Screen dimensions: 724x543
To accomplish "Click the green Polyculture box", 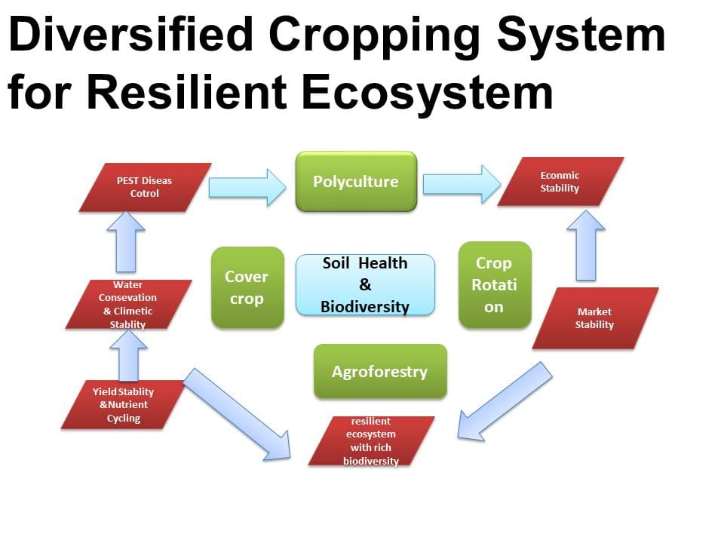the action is click(x=356, y=182).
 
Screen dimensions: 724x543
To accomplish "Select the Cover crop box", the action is click(x=247, y=287).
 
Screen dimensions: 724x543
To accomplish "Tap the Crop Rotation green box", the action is click(x=495, y=285).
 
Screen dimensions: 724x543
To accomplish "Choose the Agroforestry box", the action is click(x=380, y=371).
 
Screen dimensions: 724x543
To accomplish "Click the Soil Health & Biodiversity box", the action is click(x=365, y=285).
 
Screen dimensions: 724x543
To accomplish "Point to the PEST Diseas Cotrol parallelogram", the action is click(x=145, y=188).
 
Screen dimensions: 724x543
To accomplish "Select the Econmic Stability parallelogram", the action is click(x=560, y=182).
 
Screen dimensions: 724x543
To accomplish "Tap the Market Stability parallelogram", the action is click(x=595, y=318).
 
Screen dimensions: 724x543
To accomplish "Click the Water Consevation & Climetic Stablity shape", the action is click(x=128, y=304).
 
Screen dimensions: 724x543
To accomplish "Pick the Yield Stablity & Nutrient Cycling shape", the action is click(x=123, y=405).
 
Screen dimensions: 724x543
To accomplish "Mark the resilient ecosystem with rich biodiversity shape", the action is click(x=371, y=441).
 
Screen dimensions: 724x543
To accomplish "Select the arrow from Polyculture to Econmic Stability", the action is click(x=462, y=184).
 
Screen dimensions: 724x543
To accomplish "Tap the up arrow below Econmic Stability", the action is click(x=586, y=245).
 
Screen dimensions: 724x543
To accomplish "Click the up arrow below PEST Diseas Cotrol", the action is click(x=126, y=241).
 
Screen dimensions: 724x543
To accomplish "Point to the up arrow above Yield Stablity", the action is click(x=129, y=355).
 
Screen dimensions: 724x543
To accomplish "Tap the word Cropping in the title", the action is click(x=375, y=37).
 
